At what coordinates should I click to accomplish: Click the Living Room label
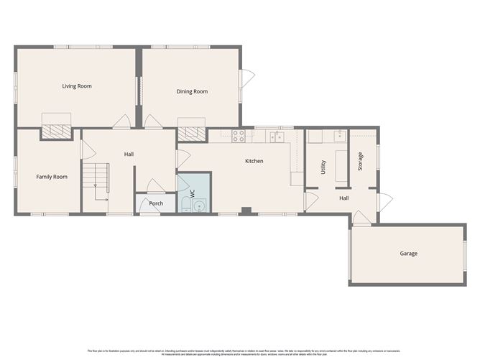(77, 86)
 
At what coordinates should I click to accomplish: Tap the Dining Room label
(192, 91)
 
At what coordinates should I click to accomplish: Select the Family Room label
(52, 176)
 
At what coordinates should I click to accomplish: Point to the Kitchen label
(254, 161)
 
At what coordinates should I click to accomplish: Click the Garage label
(408, 253)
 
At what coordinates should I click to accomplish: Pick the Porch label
(156, 203)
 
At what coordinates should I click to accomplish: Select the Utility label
(323, 167)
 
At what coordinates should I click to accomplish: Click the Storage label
(361, 161)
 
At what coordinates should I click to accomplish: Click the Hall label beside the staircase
(129, 153)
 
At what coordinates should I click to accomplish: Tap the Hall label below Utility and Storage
(343, 198)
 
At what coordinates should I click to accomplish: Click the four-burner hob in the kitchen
(238, 134)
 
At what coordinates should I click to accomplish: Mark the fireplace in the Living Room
(56, 131)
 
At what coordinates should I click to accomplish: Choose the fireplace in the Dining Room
(192, 132)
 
